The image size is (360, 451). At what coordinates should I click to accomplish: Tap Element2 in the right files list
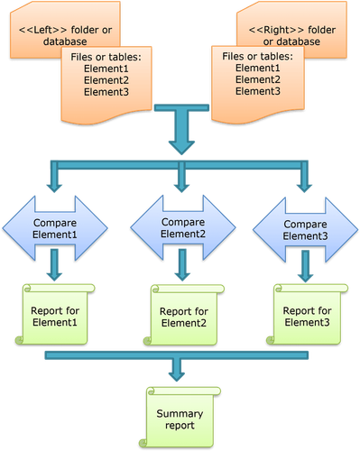click(257, 79)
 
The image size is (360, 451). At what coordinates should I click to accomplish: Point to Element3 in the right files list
click(257, 91)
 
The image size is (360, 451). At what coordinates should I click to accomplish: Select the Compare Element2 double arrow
click(182, 227)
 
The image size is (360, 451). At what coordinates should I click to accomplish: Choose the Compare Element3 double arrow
click(305, 227)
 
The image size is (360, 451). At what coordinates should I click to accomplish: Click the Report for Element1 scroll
click(55, 311)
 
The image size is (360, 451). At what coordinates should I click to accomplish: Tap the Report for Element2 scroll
click(184, 315)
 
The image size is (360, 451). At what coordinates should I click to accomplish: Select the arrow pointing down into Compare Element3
click(305, 180)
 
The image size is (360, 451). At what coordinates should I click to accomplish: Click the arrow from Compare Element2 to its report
click(182, 265)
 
